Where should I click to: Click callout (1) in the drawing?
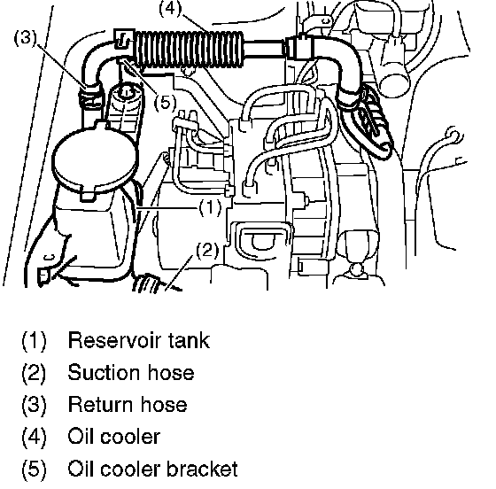[210, 208]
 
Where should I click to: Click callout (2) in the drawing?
[207, 250]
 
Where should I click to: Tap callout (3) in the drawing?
[26, 37]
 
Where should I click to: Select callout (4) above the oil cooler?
[170, 8]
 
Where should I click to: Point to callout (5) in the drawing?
[165, 103]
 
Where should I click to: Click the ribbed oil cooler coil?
[190, 50]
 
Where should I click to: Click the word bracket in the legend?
[202, 469]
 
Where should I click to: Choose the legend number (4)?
[34, 437]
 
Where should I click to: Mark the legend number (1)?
[34, 341]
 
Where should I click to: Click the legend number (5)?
[34, 469]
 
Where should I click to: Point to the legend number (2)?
[34, 373]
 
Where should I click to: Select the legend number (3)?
[34, 405]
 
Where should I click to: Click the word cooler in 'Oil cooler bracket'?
[131, 469]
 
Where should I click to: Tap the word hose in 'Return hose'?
[164, 405]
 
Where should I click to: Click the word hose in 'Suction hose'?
[171, 373]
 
